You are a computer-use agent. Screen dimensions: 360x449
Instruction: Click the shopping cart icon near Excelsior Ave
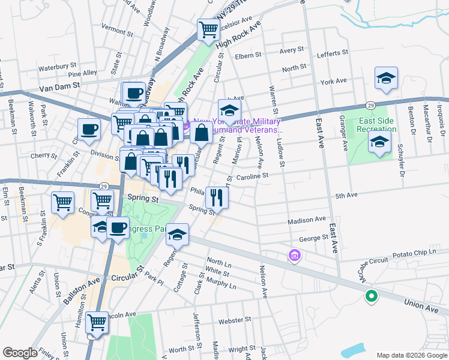tap(208, 29)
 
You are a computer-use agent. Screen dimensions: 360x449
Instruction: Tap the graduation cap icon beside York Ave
tap(387, 77)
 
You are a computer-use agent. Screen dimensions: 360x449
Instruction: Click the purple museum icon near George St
tap(294, 256)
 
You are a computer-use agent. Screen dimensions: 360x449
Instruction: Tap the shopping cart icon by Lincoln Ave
tap(97, 323)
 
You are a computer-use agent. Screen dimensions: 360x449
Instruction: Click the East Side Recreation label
tap(376, 125)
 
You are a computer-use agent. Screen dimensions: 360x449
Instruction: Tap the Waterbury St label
tap(58, 66)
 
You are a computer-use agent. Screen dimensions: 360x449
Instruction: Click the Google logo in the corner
tap(20, 353)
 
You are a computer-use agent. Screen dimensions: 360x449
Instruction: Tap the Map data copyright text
tap(411, 355)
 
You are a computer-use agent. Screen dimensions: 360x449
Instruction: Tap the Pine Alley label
tap(83, 73)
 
